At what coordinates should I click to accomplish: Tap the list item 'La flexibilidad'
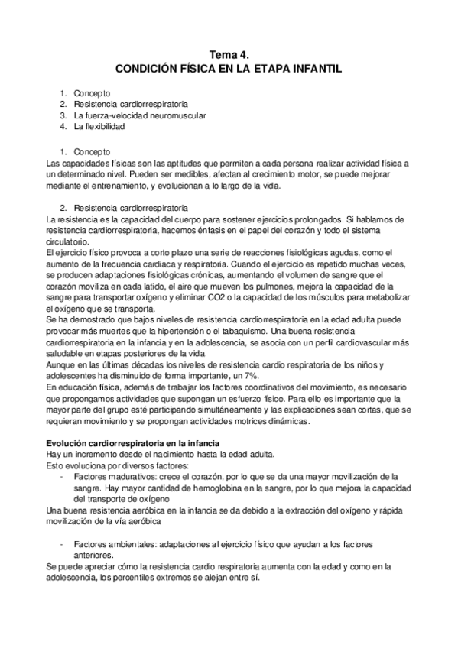[x=99, y=127]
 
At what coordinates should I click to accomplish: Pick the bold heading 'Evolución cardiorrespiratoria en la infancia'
[x=133, y=443]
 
